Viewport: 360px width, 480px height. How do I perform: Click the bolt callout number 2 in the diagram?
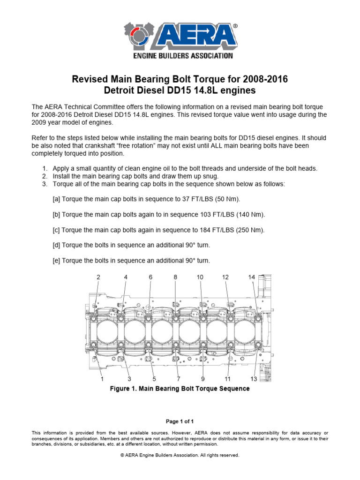tap(98, 277)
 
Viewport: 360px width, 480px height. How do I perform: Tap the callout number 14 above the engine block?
tap(252, 277)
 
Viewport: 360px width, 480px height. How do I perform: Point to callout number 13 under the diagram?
tap(254, 378)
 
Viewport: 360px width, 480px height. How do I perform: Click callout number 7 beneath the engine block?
tap(179, 378)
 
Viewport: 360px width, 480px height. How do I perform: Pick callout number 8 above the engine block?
tap(175, 277)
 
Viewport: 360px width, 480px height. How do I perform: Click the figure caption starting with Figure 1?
tap(180, 389)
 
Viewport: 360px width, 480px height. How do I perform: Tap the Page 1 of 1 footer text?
tap(180, 421)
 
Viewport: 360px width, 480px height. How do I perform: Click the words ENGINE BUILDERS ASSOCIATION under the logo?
tap(180, 56)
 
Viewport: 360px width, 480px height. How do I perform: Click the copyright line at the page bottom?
tap(180, 455)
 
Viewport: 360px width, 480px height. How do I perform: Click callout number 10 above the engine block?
tap(200, 277)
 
